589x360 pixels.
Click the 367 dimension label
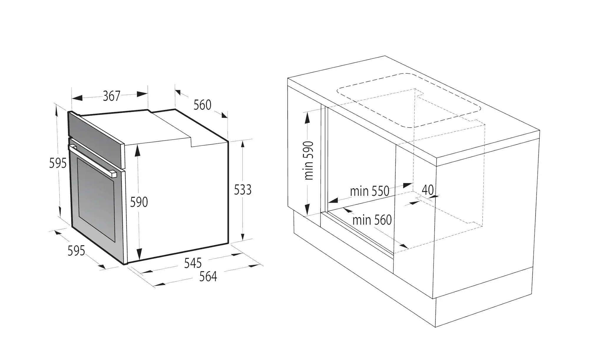tap(112, 96)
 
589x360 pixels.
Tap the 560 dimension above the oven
tap(202, 105)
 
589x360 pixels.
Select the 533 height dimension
tap(243, 190)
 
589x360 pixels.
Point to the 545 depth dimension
tap(193, 263)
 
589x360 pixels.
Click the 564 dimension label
tap(208, 277)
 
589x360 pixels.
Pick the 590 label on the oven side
tap(139, 202)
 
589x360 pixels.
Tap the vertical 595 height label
tap(58, 163)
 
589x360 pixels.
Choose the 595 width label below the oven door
tap(76, 251)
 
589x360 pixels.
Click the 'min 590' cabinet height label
tap(309, 161)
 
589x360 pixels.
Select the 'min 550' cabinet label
tap(370, 191)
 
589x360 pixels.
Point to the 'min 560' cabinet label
tap(372, 220)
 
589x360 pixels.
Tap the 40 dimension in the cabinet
tap(428, 190)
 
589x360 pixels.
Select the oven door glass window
tap(96, 200)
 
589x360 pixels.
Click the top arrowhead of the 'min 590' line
tap(307, 118)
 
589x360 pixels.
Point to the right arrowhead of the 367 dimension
tap(142, 94)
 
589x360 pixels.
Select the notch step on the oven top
tap(191, 141)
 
